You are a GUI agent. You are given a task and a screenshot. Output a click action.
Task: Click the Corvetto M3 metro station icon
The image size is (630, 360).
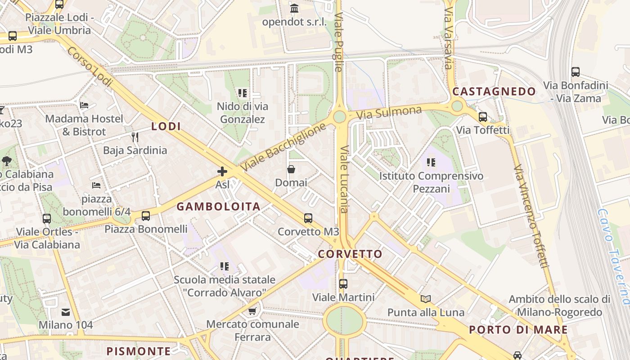tap(308, 218)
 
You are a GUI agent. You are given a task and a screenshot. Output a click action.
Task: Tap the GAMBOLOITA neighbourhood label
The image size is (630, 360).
tap(218, 207)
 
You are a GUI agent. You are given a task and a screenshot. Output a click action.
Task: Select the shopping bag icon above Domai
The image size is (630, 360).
tap(291, 170)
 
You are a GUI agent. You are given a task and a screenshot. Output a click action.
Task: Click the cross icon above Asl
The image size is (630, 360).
tap(222, 171)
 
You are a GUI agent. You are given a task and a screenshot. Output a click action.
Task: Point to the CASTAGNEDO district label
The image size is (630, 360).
tap(494, 92)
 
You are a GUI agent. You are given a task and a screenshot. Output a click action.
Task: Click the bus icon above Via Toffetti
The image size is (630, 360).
tap(483, 117)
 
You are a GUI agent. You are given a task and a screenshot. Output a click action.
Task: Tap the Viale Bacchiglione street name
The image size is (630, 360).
tap(282, 147)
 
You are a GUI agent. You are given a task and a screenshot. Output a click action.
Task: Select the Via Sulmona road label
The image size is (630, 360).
tap(389, 112)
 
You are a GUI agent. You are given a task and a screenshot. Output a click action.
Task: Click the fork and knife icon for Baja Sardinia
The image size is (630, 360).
tap(135, 137)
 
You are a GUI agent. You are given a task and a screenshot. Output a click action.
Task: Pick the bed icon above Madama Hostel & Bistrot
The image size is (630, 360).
tap(84, 105)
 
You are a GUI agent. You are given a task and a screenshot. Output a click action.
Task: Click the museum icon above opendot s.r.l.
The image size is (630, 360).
tap(294, 8)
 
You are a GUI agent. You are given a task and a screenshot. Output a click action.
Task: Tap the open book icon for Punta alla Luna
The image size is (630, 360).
tap(426, 299)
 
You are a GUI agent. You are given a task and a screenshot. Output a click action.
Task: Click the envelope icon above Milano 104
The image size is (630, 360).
tap(66, 312)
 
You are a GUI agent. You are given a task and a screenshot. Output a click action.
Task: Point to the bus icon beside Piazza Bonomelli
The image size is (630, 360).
tap(146, 216)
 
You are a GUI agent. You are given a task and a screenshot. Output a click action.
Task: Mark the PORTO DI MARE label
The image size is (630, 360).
tap(518, 329)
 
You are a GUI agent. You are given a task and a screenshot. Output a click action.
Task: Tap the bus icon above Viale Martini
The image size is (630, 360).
tap(343, 284)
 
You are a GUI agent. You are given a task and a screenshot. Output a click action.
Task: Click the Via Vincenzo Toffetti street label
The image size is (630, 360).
tap(531, 216)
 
